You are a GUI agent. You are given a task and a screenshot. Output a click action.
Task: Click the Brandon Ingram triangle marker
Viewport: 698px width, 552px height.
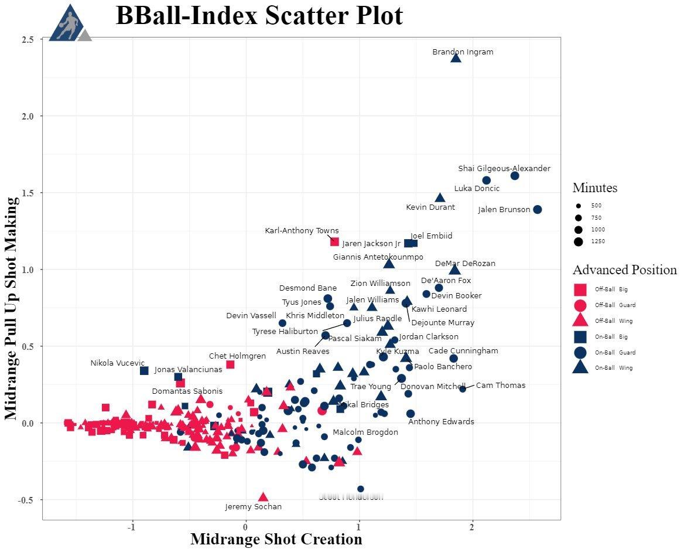(x=456, y=57)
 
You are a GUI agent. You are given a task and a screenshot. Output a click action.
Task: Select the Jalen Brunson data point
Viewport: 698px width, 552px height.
(x=538, y=210)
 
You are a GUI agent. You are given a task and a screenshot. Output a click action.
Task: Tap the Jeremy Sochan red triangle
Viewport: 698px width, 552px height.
(x=264, y=497)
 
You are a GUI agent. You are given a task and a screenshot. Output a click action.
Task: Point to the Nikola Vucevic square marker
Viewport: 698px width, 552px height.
(x=145, y=371)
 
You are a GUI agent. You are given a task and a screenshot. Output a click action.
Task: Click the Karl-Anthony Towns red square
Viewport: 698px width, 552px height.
(x=334, y=241)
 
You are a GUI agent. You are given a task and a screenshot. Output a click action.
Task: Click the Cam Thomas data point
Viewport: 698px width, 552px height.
(x=463, y=389)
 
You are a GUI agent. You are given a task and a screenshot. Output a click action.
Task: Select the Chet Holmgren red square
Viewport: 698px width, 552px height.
(x=230, y=364)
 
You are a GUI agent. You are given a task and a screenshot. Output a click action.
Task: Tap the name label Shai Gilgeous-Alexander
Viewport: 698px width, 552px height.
(x=504, y=169)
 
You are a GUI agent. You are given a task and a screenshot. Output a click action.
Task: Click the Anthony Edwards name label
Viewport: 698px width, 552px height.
(x=441, y=422)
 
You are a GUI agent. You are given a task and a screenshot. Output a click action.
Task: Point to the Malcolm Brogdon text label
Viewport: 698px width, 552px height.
(x=365, y=432)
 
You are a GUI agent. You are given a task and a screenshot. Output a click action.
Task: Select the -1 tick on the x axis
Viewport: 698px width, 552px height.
(x=133, y=526)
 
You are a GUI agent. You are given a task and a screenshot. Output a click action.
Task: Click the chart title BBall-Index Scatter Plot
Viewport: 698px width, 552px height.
(x=259, y=16)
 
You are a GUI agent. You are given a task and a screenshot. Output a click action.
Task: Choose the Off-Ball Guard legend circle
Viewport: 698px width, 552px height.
(x=580, y=305)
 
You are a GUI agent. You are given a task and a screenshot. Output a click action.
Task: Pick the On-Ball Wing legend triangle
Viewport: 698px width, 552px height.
(x=580, y=368)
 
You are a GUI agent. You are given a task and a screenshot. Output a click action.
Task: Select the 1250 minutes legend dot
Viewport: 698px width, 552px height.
(x=579, y=241)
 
